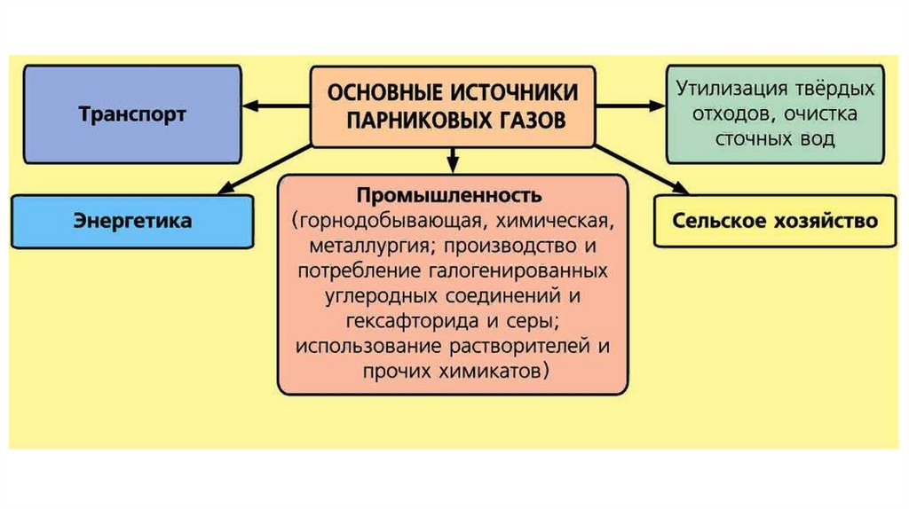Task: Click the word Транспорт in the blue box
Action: click(x=132, y=114)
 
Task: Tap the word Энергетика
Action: click(x=132, y=221)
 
